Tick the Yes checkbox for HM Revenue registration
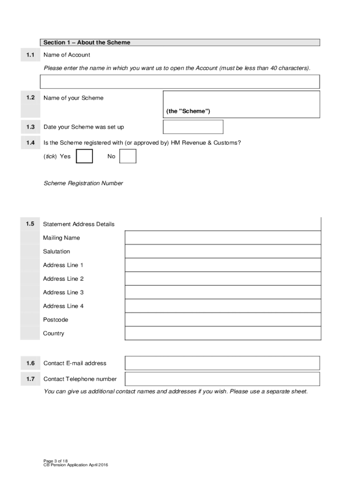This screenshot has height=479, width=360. (84, 156)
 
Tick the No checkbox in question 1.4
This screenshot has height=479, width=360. (128, 156)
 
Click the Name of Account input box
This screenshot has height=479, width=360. (180, 81)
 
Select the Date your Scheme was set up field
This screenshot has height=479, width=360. (193, 127)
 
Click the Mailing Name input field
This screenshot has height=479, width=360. (223, 238)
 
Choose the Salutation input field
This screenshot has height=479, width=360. (223, 251)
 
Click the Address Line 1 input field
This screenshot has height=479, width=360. (223, 265)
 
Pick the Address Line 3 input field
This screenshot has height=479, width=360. (223, 292)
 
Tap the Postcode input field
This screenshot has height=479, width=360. (223, 319)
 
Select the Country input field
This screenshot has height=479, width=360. (223, 333)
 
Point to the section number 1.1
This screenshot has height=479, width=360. (30, 55)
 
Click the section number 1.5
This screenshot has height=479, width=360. (30, 224)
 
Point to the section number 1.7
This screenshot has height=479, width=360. (30, 379)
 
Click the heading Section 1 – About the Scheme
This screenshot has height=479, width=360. (87, 43)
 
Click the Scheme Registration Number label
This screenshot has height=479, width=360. (83, 183)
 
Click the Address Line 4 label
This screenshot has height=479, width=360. (64, 306)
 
